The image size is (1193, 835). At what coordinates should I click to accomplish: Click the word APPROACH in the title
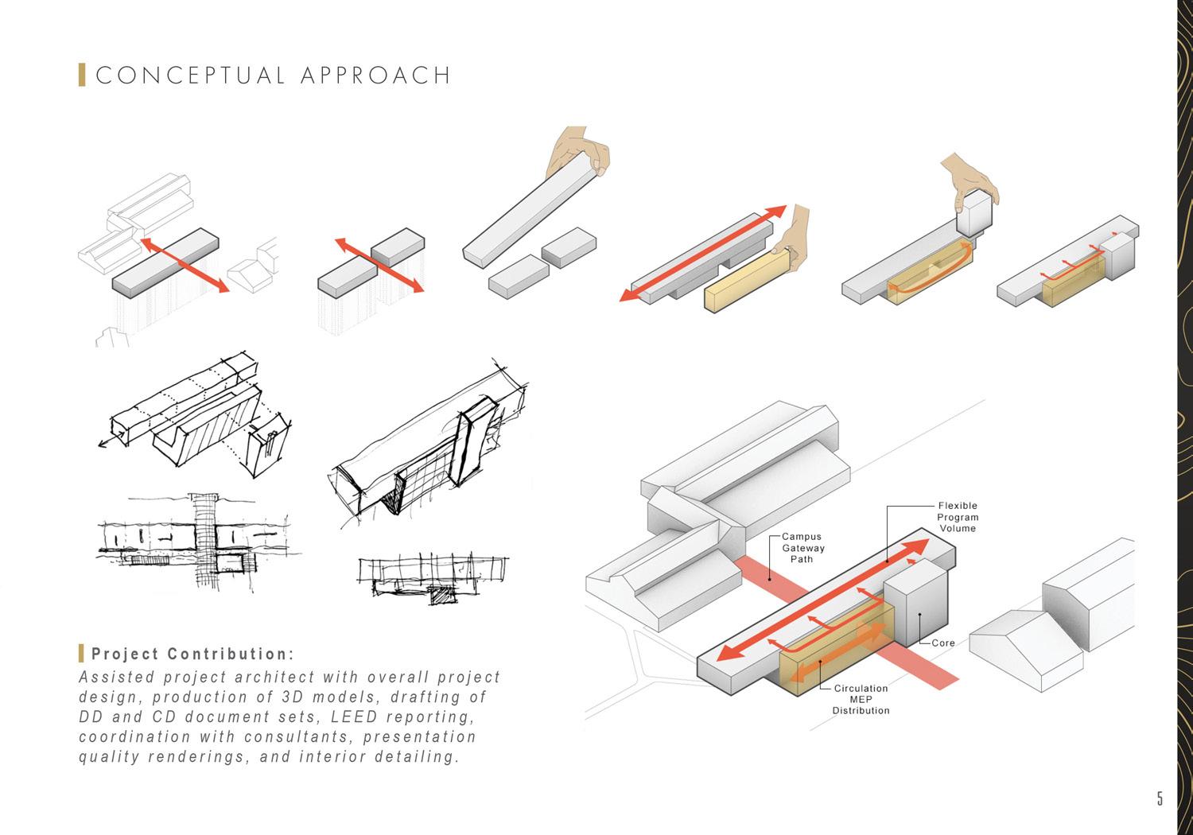(376, 76)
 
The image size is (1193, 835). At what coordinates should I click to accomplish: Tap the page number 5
(1160, 798)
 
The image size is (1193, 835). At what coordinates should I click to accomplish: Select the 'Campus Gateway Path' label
(802, 548)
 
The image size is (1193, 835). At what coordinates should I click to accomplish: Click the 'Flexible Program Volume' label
(957, 517)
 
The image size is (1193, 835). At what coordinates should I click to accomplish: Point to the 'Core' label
(943, 643)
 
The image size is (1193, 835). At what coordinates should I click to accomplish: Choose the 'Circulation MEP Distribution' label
(861, 699)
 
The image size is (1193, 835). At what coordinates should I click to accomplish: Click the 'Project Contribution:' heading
(193, 654)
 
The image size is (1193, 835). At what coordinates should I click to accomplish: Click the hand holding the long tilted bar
(581, 150)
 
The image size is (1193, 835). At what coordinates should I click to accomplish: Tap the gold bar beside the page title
(82, 75)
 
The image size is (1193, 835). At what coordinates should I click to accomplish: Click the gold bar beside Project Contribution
(81, 654)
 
